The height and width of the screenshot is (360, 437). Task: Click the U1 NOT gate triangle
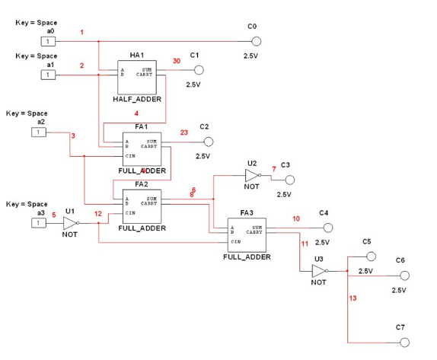click(70, 223)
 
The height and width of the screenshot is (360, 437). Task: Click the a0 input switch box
click(46, 41)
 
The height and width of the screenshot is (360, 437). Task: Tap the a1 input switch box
click(46, 75)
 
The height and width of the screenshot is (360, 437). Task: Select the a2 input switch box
click(38, 132)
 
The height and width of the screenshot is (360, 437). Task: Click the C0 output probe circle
click(257, 41)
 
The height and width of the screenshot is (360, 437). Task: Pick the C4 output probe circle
click(328, 228)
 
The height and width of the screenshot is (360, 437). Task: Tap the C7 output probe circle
click(405, 342)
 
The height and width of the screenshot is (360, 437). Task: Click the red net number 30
click(177, 61)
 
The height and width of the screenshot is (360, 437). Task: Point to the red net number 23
click(183, 133)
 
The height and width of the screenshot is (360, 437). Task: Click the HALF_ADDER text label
click(136, 100)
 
